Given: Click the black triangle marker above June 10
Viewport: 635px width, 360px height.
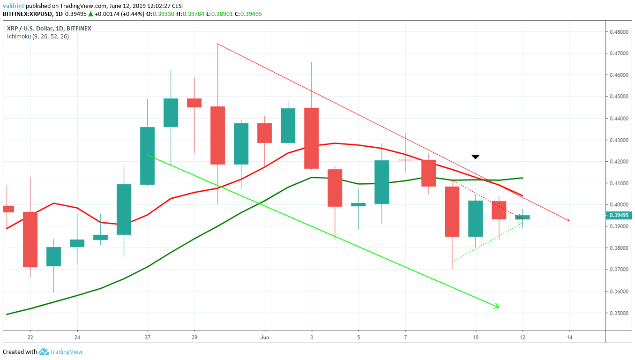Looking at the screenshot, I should pyautogui.click(x=475, y=157).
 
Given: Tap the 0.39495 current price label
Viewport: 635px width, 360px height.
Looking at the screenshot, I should pyautogui.click(x=619, y=216).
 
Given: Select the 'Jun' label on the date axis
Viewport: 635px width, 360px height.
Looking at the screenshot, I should pyautogui.click(x=265, y=337).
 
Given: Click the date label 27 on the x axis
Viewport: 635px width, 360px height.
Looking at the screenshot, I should pyautogui.click(x=148, y=337).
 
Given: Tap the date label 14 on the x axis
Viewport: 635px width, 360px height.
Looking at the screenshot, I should pyautogui.click(x=569, y=337).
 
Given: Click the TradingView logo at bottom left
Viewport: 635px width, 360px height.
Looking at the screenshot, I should pyautogui.click(x=61, y=352).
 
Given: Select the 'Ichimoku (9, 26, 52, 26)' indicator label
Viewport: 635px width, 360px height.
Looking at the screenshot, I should pyautogui.click(x=38, y=36).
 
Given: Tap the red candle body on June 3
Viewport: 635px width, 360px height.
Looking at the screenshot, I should pyautogui.click(x=312, y=138).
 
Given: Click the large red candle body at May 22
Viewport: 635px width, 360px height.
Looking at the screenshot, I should pyautogui.click(x=30, y=239).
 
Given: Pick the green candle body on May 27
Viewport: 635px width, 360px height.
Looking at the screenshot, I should pyautogui.click(x=148, y=156).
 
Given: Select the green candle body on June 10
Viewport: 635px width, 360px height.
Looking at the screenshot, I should pyautogui.click(x=476, y=218).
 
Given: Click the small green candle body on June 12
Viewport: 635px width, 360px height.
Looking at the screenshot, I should pyautogui.click(x=523, y=217).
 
